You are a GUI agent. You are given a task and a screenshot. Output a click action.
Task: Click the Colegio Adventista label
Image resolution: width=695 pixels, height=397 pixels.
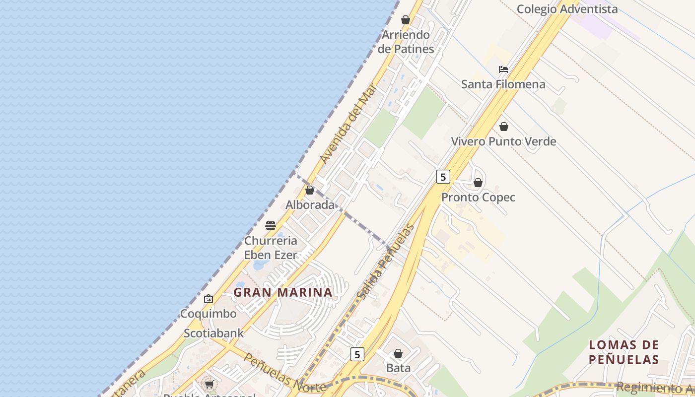(567, 9)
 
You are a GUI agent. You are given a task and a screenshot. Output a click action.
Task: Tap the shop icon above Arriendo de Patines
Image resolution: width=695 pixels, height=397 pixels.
(406, 20)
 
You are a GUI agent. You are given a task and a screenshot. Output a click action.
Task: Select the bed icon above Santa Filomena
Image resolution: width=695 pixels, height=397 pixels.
(503, 69)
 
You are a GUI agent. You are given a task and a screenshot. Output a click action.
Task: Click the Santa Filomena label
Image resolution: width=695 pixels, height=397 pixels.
(503, 84)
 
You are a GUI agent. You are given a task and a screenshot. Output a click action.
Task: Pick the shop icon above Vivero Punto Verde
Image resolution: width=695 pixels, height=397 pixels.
(504, 127)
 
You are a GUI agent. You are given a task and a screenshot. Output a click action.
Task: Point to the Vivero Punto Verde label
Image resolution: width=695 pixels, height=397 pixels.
(503, 141)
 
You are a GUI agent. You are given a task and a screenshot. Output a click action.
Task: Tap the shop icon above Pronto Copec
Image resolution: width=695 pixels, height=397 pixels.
(478, 183)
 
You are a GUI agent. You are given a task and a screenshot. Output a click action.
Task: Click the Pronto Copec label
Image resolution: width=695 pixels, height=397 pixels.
(479, 198)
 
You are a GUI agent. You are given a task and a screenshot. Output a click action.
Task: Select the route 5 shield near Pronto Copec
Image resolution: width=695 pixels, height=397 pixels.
(443, 176)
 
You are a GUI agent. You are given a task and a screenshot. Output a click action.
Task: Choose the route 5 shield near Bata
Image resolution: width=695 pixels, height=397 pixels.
(357, 354)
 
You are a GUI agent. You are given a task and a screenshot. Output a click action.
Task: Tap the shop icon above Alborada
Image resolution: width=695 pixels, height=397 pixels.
(310, 190)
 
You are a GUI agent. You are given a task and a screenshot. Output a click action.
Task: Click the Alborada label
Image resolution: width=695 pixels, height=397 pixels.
(310, 204)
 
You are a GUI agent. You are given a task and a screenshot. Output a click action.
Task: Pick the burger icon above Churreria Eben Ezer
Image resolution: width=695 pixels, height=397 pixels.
(271, 226)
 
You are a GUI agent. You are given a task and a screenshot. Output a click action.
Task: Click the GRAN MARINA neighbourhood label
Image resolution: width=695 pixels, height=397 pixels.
(283, 292)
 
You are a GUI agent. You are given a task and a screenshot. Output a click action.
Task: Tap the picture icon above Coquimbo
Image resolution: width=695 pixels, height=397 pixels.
(208, 299)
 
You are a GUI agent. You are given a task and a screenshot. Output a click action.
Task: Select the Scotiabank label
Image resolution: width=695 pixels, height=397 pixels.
(214, 333)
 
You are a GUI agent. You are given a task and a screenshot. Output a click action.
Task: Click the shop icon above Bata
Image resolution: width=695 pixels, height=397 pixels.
(398, 353)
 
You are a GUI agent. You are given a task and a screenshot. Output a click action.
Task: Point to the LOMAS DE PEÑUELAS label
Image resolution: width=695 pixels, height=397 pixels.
(624, 352)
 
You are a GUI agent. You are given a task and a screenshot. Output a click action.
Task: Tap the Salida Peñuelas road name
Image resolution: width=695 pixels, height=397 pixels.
(385, 262)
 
